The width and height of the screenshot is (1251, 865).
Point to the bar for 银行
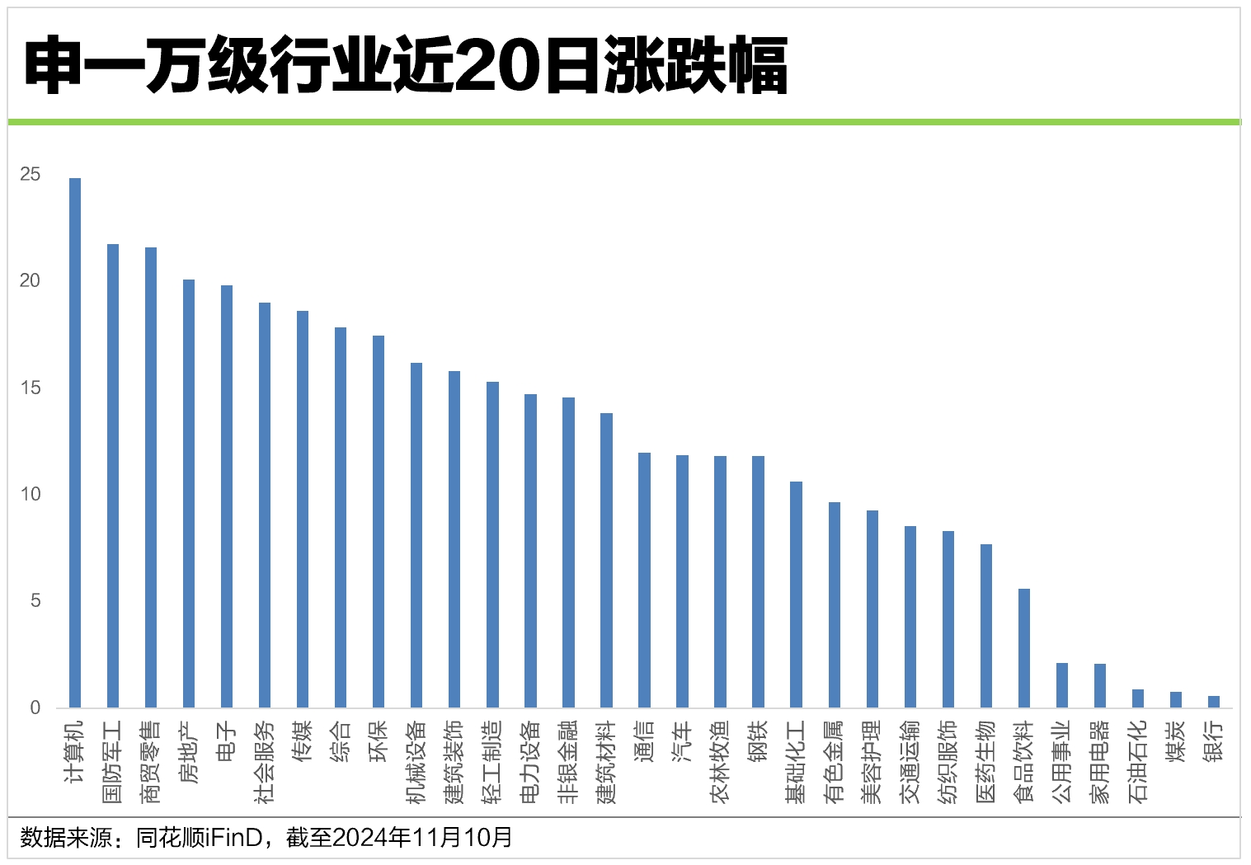(1214, 702)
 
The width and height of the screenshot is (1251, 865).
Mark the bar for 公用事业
(1062, 685)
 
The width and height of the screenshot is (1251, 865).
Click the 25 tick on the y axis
(31, 174)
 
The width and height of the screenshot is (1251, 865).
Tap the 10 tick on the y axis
(31, 494)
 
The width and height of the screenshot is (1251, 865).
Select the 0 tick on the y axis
(35, 708)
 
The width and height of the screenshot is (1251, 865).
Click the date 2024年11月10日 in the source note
(422, 838)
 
